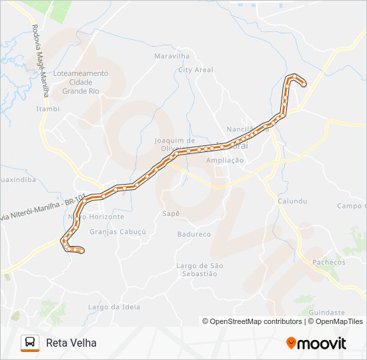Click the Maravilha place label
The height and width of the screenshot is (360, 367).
(x=171, y=56)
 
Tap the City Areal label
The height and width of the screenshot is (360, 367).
(x=196, y=69)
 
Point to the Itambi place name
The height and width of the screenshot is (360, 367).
(x=48, y=109)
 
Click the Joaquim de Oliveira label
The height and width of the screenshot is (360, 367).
(x=173, y=144)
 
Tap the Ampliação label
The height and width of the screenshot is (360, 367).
(x=225, y=161)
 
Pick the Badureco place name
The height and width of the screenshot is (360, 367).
(x=194, y=234)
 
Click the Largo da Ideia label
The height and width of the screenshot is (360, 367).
(x=105, y=307)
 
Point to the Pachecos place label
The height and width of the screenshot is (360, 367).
(x=329, y=262)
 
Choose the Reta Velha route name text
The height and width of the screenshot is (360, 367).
(x=71, y=343)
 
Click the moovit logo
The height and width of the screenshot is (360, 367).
(x=316, y=343)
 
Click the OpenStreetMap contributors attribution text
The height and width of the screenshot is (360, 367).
(x=252, y=321)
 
